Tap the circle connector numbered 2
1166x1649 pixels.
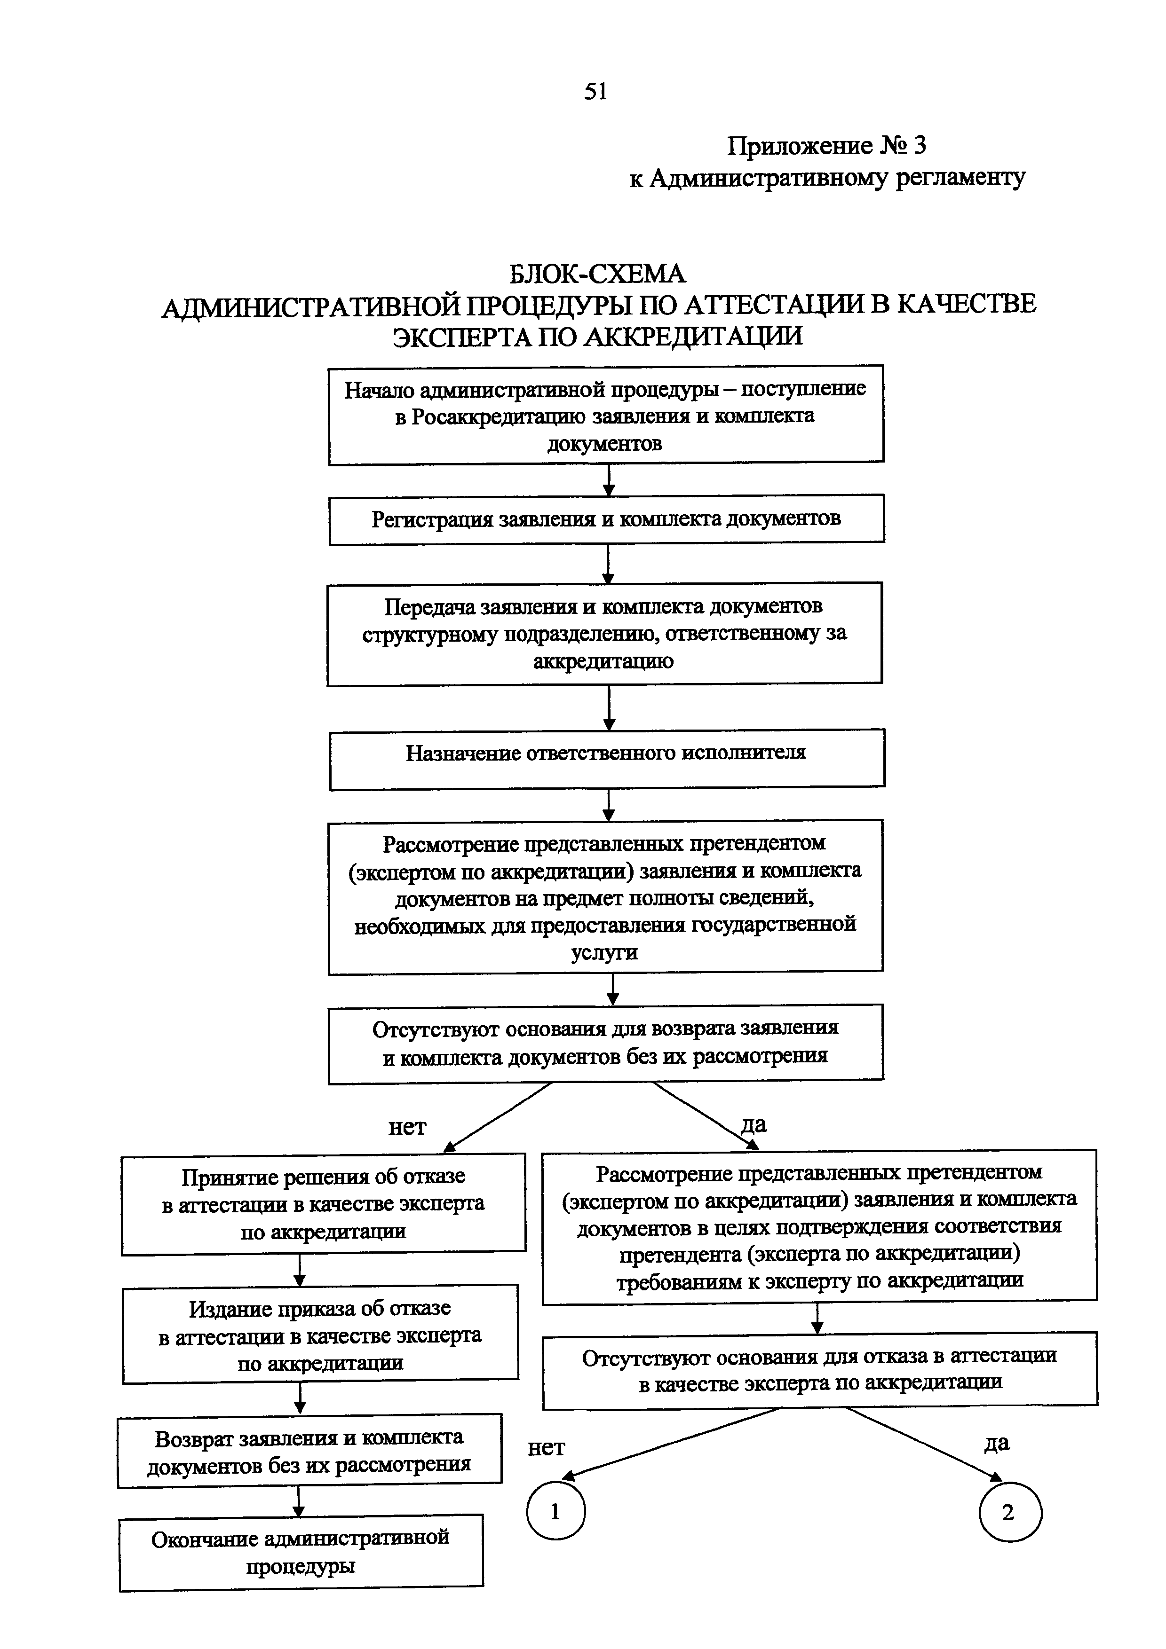pos(1009,1513)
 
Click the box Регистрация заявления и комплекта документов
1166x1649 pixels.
pos(606,518)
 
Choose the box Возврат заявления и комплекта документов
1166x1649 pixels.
pos(309,1449)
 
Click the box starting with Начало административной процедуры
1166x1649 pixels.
pos(606,415)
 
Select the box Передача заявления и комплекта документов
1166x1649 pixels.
pos(604,633)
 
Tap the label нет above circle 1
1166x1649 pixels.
pos(546,1448)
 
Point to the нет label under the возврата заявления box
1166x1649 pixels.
pos(407,1127)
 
